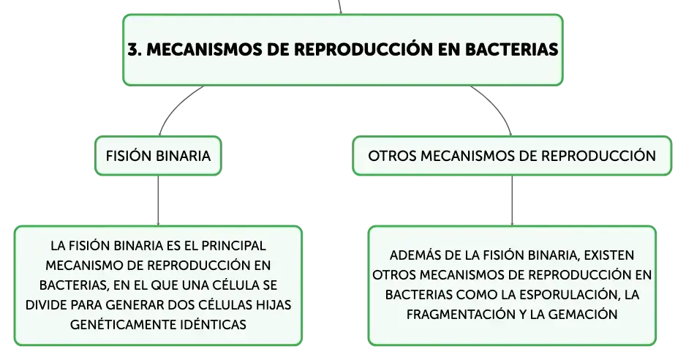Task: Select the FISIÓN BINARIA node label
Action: point(159,156)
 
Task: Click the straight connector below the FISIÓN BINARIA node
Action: point(158,200)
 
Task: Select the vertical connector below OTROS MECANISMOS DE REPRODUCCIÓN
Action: point(512,200)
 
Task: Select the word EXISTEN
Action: point(609,255)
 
